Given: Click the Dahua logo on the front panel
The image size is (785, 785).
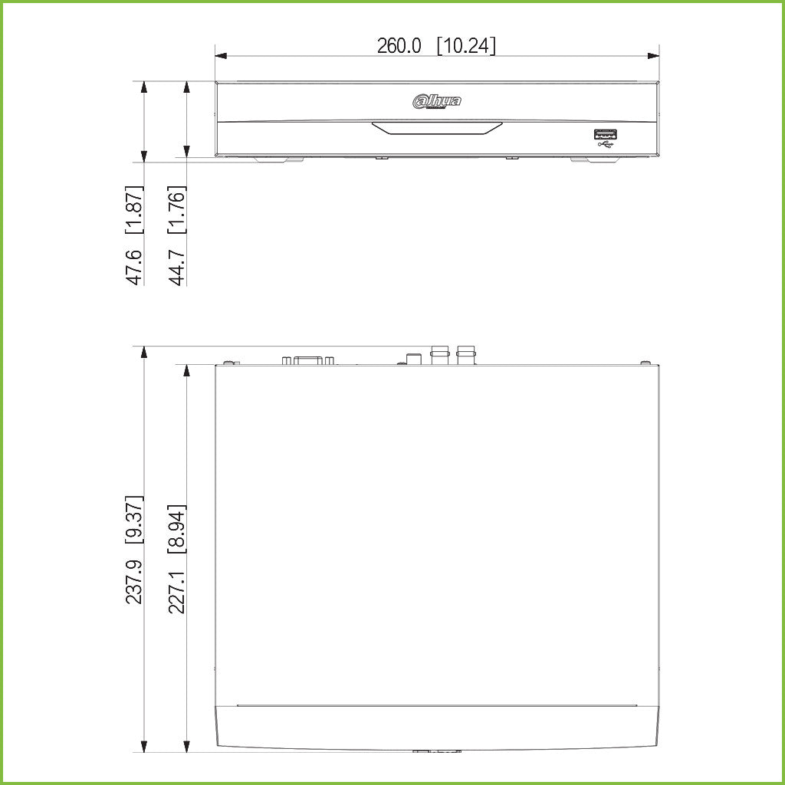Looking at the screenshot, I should (437, 101).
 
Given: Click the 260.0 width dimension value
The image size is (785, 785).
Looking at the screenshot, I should (399, 46).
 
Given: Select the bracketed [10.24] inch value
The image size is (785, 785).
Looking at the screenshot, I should (466, 46).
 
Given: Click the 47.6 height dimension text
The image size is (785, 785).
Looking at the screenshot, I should (135, 266).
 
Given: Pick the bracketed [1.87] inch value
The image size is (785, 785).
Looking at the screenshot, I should (135, 209).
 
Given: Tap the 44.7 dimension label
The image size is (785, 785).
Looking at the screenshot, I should (177, 266).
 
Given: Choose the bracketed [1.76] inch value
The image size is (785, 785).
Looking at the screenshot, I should (177, 209).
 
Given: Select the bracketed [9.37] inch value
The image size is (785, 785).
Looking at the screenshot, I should (135, 520).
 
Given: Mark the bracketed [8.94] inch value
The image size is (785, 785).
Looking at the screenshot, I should (177, 529).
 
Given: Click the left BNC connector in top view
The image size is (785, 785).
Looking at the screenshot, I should (440, 355).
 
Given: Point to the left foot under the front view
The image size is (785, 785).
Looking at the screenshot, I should (275, 159).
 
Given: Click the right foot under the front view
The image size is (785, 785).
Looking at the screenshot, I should (590, 159).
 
